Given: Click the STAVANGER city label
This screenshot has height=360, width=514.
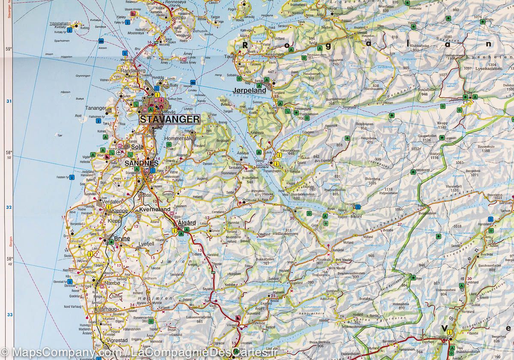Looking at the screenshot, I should pyautogui.click(x=169, y=119).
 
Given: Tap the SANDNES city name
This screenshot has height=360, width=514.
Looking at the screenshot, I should pyautogui.click(x=142, y=163).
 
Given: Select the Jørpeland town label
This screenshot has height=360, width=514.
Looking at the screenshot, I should pyautogui.click(x=250, y=90).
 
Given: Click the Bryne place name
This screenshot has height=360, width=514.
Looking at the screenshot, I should pyautogui.click(x=122, y=238).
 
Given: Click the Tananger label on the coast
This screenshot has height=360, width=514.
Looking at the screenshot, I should pyautogui.click(x=96, y=108).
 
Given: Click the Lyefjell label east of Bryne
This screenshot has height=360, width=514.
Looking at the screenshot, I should pyautogui.click(x=146, y=243).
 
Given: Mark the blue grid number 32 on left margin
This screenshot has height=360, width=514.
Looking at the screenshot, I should pyautogui.click(x=9, y=207).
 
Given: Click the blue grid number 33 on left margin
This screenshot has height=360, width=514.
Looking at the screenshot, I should pyautogui.click(x=9, y=315).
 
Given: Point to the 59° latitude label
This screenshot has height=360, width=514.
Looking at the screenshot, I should pyautogui.click(x=9, y=49).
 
